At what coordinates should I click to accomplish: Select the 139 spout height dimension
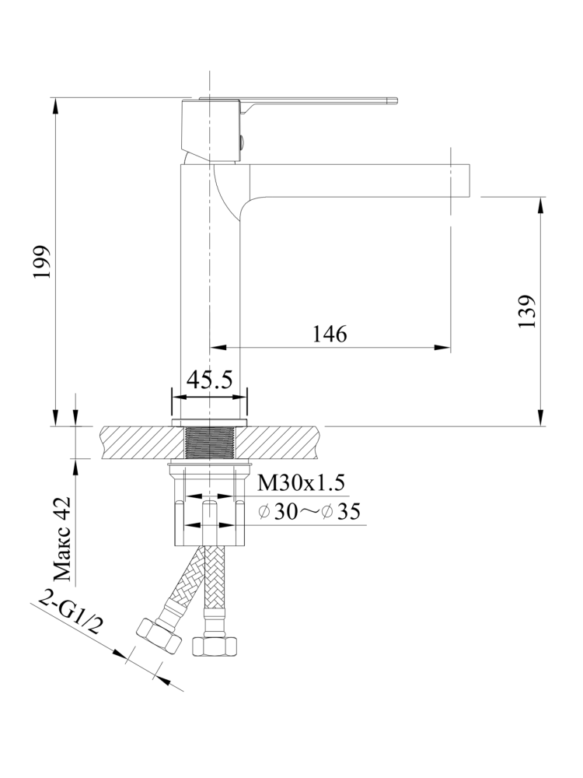coord(528,311)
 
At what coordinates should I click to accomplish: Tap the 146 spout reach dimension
coord(330,334)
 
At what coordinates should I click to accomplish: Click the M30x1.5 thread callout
coord(300,484)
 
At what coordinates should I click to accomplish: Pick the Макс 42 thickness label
coord(63,540)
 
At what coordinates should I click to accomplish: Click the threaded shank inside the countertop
coord(209,443)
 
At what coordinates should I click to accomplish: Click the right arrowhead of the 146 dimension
coord(444,348)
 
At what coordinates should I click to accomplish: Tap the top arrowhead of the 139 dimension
coord(539,203)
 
